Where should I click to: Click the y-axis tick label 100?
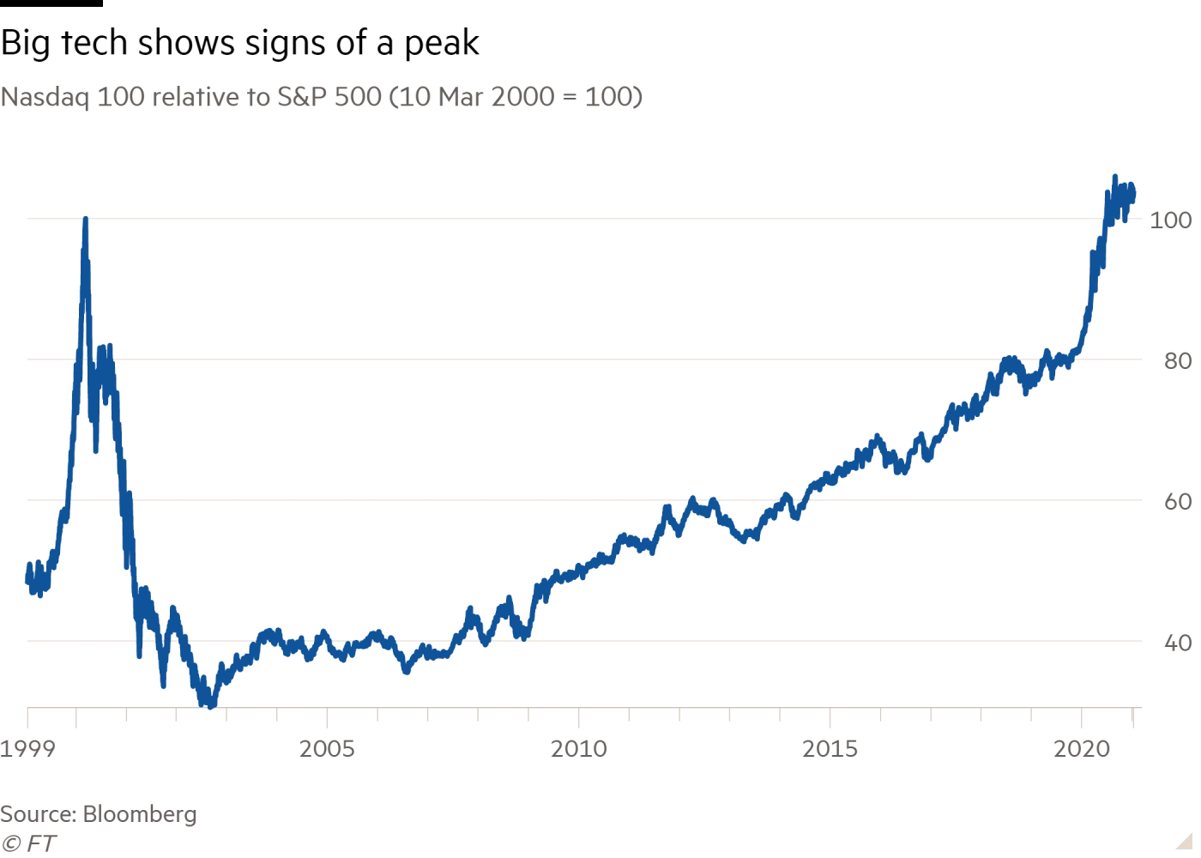point(1171,221)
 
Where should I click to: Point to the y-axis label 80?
point(1178,361)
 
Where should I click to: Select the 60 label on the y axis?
point(1178,502)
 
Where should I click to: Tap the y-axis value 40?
point(1178,643)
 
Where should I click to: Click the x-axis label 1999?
point(27,749)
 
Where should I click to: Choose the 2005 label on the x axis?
point(327,749)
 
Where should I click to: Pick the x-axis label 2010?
point(579,749)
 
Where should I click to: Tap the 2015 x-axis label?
point(830,749)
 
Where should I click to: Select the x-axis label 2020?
point(1082,749)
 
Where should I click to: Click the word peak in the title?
point(442,44)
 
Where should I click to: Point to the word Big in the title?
point(25,44)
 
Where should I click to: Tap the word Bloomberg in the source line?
point(140,814)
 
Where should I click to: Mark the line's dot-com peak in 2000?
point(85,220)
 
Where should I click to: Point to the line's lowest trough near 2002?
point(211,705)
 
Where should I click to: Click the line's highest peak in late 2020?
point(1114,177)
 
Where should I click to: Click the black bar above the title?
point(51,3)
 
